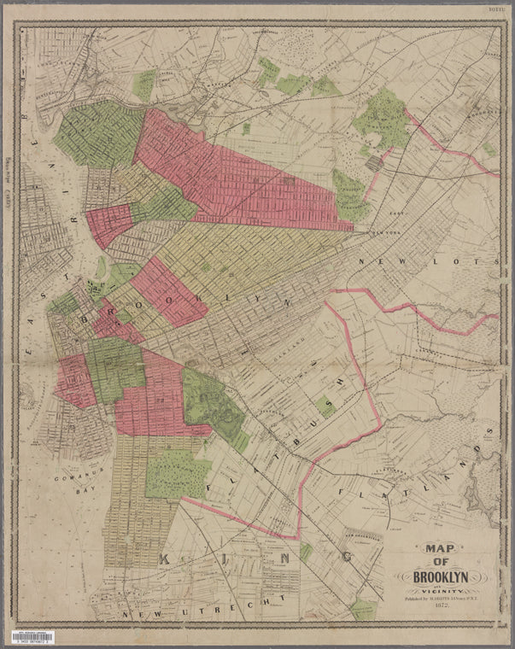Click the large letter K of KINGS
click(168, 559)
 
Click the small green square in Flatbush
click(325, 406)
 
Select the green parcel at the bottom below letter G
click(363, 609)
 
